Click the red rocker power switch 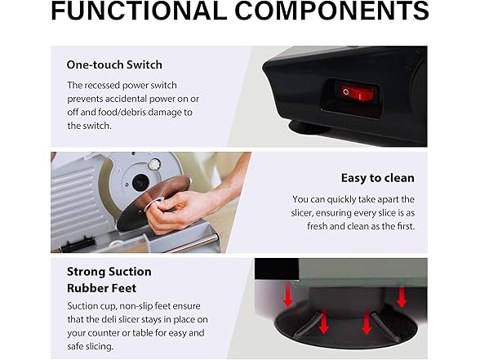click(x=356, y=92)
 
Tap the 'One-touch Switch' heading click(x=114, y=65)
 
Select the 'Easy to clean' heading click(x=378, y=178)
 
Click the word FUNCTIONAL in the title click(x=139, y=11)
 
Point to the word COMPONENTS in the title click(x=331, y=11)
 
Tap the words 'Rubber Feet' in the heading click(x=101, y=288)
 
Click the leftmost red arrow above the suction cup click(x=288, y=296)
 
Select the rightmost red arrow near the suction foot click(x=402, y=296)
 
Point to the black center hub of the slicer click(x=140, y=183)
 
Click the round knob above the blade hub click(x=154, y=165)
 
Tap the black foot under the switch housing click(x=309, y=127)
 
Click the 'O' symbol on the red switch click(x=346, y=91)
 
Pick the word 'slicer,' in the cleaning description click(x=302, y=213)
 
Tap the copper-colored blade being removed click(x=153, y=202)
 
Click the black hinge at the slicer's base click(x=79, y=243)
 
